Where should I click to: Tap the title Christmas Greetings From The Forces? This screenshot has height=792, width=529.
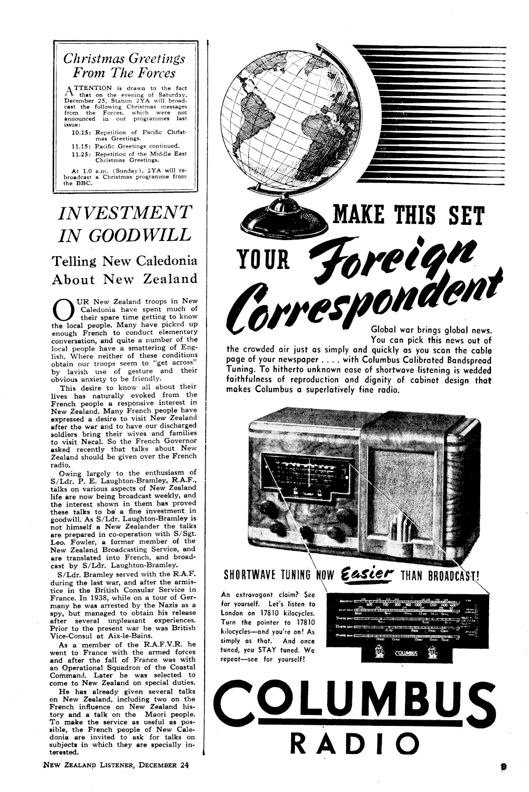click(x=124, y=66)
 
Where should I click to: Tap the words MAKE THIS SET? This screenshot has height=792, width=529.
click(x=408, y=214)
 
